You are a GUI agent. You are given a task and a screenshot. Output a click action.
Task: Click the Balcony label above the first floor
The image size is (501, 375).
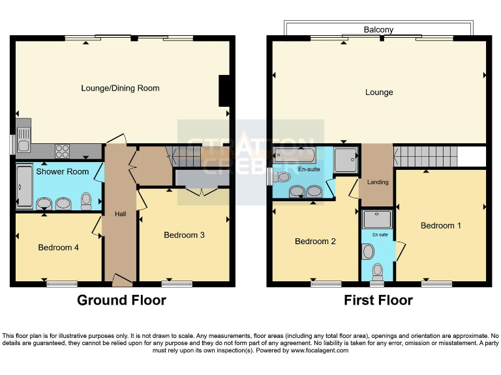378,30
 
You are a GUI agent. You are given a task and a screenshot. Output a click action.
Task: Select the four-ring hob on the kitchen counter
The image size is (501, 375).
63,151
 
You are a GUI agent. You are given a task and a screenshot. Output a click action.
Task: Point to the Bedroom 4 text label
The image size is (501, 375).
58,247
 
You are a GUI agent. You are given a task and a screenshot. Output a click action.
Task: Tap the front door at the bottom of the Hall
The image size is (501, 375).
121,281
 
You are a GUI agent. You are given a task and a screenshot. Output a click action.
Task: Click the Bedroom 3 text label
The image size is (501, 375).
184,235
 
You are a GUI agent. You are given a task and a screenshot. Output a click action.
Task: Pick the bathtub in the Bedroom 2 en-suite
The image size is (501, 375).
294,155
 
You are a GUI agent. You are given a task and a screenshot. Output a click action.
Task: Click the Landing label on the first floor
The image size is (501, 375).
377,182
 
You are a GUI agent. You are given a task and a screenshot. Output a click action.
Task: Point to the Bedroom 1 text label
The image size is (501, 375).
440,226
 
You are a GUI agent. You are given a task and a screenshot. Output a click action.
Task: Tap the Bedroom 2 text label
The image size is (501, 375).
315,242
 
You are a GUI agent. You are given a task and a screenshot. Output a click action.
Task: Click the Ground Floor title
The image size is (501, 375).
121,300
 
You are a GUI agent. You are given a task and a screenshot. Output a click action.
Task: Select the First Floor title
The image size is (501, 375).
378,300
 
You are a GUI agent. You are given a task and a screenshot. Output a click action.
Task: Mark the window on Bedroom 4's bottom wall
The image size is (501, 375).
61,284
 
